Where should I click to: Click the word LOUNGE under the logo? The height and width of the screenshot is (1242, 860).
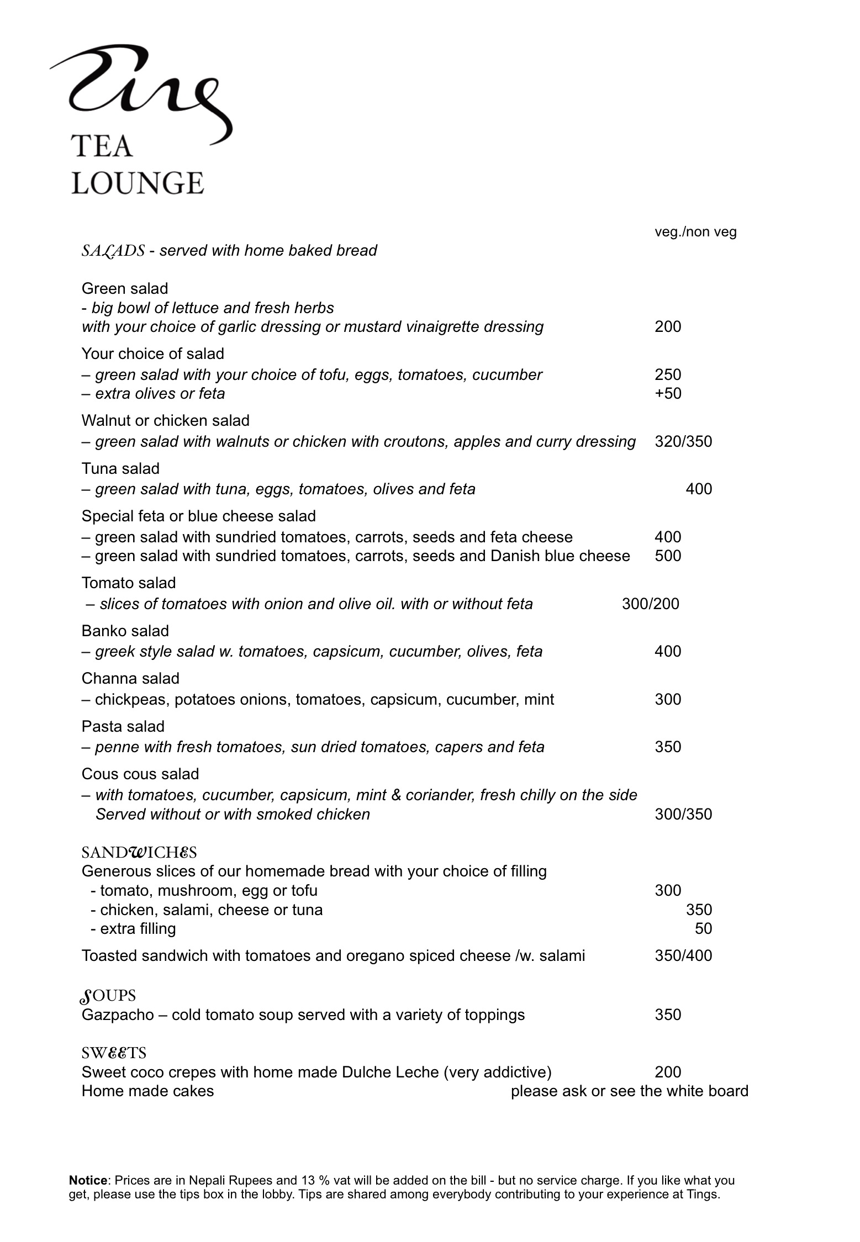pos(138,183)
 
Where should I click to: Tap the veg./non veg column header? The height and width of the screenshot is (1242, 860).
pos(695,232)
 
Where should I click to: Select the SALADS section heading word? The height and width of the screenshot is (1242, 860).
pos(113,251)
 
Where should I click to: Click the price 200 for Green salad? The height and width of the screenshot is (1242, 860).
pos(668,327)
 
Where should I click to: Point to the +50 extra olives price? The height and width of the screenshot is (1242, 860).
pos(668,394)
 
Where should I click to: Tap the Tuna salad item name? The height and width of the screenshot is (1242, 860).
pos(120,469)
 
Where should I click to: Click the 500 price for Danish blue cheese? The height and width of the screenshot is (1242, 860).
pos(668,556)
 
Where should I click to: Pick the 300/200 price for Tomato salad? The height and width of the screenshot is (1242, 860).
pos(650,604)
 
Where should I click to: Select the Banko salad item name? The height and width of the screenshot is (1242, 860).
pos(125,631)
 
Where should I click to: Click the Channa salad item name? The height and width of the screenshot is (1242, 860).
pos(130,679)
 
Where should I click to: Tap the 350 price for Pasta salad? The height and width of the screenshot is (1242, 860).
pos(668,747)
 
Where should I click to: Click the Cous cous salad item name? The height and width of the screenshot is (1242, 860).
pos(140,774)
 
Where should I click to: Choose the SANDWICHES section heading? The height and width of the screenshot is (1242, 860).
pos(139,853)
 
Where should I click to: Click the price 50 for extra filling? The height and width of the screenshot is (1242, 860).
pos(703,929)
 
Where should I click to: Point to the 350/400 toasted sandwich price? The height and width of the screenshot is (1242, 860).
pos(683,956)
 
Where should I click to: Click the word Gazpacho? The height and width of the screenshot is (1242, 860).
pos(118,1015)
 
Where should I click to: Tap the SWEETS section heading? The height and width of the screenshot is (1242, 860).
pos(114,1053)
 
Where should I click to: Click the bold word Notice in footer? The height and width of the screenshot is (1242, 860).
pos(88,1181)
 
